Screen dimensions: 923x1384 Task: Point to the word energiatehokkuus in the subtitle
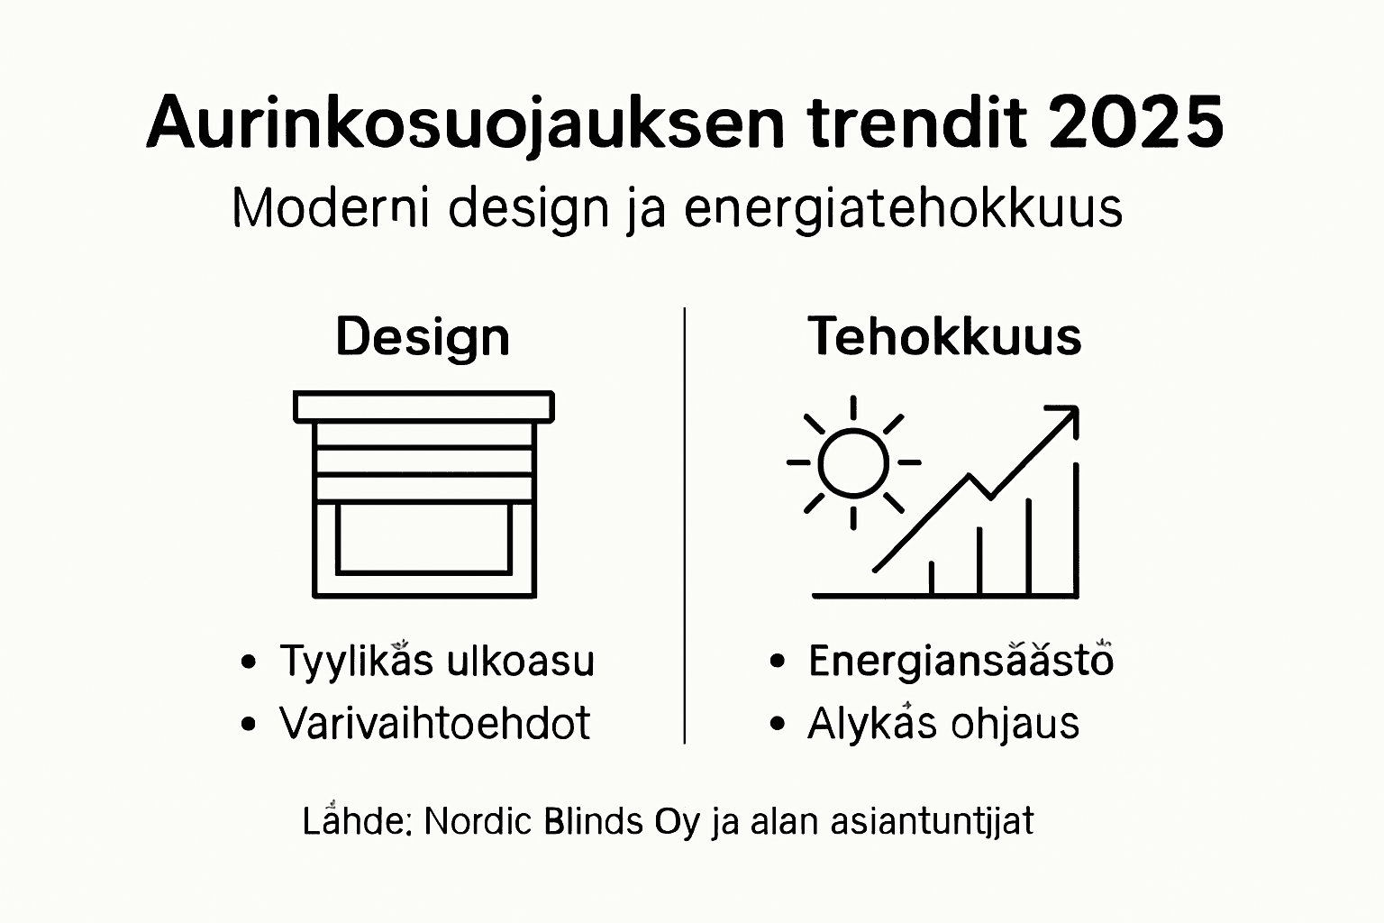pos(903,208)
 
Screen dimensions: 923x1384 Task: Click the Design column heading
pos(423,337)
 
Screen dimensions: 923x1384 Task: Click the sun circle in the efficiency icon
pos(853,462)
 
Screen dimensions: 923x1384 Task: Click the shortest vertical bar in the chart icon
pos(932,578)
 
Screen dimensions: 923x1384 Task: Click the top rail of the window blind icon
pos(423,407)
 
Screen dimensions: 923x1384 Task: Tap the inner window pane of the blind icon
pos(423,538)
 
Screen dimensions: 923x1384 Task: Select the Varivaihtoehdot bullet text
pos(434,723)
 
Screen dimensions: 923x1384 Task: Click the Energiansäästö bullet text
pos(961,661)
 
